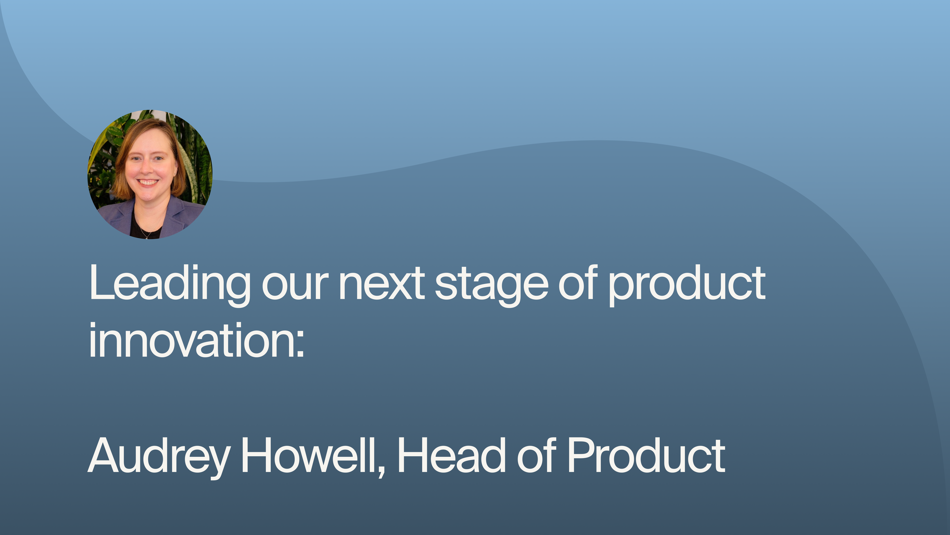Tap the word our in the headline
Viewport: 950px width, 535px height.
295,286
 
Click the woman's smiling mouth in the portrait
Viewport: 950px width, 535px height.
148,182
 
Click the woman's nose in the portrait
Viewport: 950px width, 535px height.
148,168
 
